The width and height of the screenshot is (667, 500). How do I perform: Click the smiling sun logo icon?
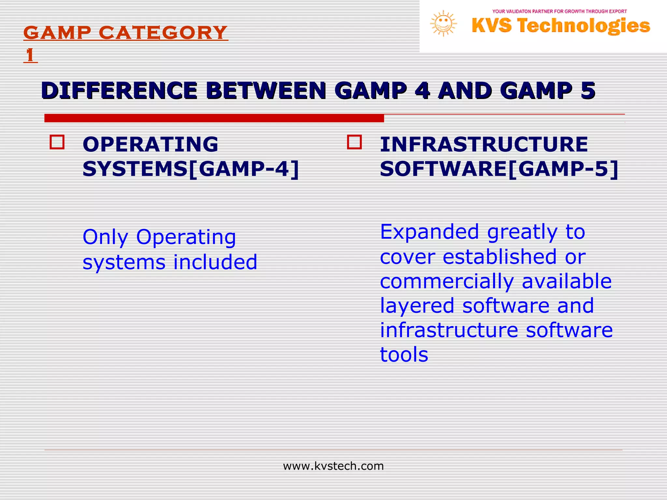(443, 23)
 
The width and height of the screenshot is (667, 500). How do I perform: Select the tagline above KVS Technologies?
(559, 11)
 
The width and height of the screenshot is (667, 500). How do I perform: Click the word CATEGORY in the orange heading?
(163, 33)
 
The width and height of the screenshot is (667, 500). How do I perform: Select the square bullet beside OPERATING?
(57, 142)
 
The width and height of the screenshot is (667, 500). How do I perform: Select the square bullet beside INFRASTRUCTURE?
(354, 142)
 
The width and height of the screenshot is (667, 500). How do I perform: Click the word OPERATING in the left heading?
(150, 144)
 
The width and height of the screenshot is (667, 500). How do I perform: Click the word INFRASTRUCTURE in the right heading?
(484, 144)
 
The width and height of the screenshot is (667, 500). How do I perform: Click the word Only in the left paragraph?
(105, 237)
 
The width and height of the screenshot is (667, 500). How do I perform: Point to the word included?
(215, 262)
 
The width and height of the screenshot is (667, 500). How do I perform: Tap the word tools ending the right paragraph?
(404, 354)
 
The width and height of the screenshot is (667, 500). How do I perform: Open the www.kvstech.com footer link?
(333, 466)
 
